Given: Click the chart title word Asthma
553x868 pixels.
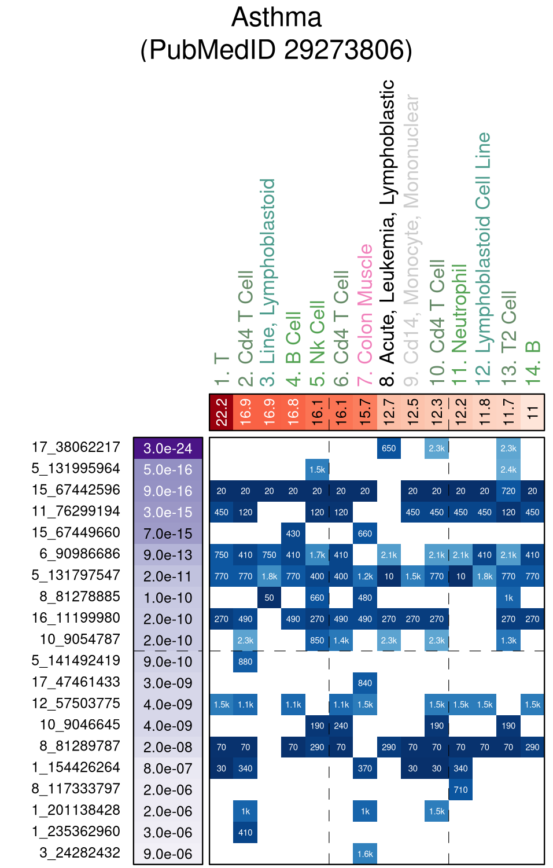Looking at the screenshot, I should click(x=276, y=17).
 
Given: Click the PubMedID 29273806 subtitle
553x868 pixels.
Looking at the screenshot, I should click(x=276, y=50).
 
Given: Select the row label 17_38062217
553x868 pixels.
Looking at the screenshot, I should click(x=76, y=447).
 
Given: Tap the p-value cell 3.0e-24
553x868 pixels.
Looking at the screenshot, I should click(x=168, y=448).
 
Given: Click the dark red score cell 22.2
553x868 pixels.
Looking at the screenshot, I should click(x=222, y=413).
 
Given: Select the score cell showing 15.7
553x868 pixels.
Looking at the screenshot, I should click(x=365, y=413).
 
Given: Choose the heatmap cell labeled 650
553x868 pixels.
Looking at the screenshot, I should click(x=389, y=448).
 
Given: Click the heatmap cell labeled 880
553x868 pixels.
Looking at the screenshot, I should click(x=245, y=662).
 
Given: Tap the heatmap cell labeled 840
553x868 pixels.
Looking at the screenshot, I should click(x=365, y=683).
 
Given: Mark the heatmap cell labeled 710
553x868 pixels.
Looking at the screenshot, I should click(x=460, y=790).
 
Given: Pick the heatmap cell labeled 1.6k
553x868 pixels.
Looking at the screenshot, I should click(x=365, y=854).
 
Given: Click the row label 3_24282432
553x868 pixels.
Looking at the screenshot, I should click(x=80, y=853).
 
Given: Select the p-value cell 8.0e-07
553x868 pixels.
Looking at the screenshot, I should click(x=168, y=768).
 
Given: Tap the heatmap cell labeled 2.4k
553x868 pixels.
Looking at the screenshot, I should click(x=508, y=470).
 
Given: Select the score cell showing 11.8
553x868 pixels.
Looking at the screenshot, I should click(x=485, y=413).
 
